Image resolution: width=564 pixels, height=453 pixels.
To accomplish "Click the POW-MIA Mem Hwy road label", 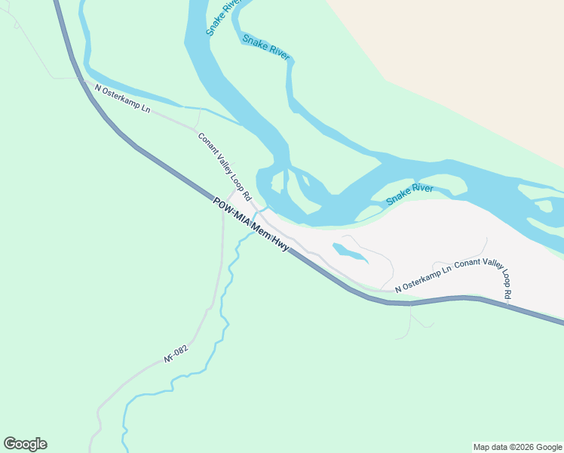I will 251,225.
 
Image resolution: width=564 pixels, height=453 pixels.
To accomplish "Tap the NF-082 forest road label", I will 175,353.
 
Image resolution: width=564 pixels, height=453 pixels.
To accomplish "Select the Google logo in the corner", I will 25,444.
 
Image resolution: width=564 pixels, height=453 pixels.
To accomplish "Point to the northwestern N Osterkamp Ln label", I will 122,99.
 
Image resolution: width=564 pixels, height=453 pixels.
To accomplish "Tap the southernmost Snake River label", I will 409,193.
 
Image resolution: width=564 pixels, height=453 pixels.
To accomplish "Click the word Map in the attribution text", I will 483,447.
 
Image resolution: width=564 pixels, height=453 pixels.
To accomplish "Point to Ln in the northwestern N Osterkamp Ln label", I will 145,109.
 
